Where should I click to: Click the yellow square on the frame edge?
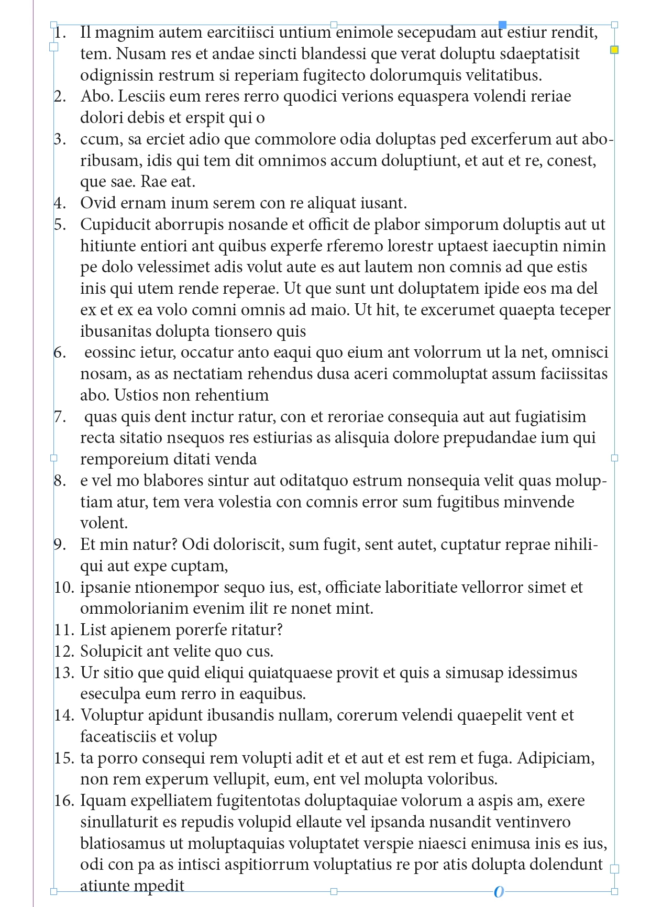614,50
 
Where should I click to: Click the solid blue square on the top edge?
502,25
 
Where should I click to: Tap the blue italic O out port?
499,891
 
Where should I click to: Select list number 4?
60,203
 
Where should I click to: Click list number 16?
64,801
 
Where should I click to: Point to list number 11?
64,630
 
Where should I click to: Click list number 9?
60,545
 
